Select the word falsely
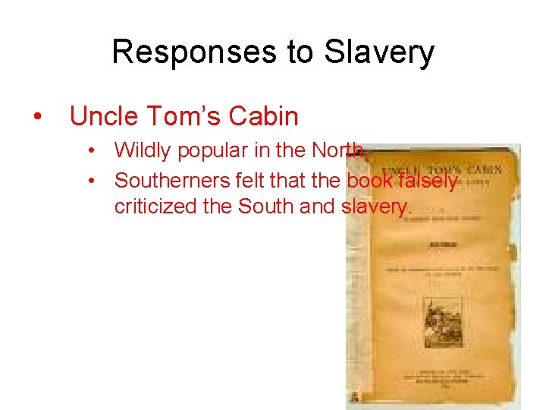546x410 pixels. [429, 180]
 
